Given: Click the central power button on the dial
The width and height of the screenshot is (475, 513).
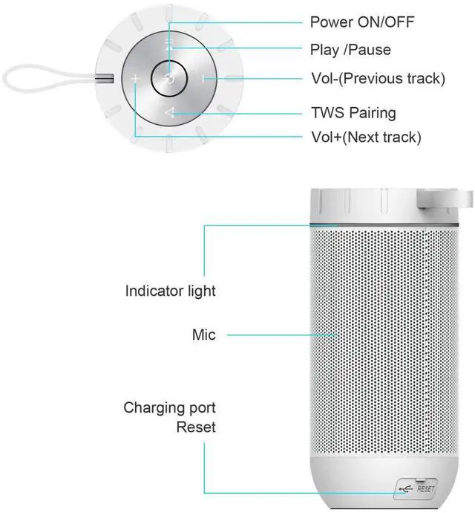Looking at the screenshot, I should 168,77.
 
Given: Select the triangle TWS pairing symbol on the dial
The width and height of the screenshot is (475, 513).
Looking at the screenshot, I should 169,113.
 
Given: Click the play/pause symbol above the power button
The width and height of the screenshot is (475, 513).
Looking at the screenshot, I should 169,45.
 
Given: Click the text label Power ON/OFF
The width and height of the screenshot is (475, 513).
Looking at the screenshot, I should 361,22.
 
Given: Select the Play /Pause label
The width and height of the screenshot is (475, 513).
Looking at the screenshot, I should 350,51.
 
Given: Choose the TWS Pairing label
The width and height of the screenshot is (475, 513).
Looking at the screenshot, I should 353,113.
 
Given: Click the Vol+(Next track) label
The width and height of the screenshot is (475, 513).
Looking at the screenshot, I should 365,137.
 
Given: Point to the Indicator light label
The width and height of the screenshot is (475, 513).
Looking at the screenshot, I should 170,291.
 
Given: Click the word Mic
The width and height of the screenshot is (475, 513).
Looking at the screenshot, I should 203,335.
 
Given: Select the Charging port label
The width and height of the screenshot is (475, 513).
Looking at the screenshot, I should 169,407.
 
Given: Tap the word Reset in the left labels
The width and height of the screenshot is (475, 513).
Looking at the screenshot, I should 196,427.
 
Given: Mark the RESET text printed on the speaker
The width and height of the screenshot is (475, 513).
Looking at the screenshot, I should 425,488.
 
